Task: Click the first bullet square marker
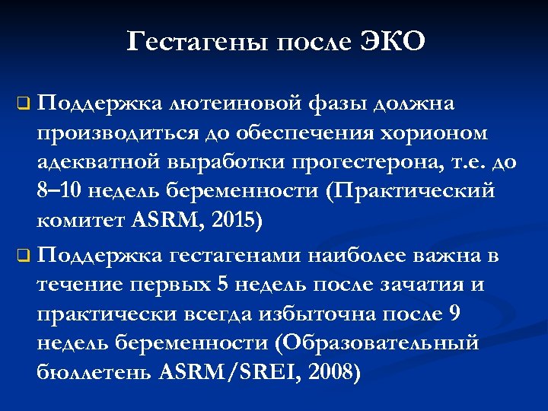pyautogui.click(x=24, y=101)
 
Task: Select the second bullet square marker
pyautogui.click(x=24, y=255)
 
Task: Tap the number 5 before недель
pyautogui.click(x=221, y=284)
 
